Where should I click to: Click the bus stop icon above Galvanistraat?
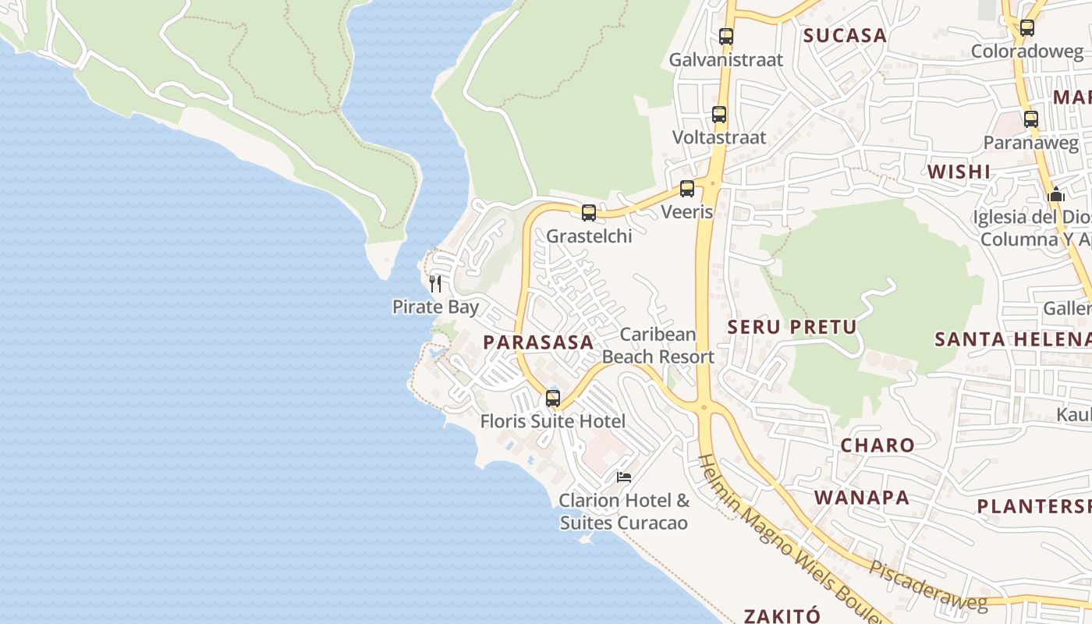[x=726, y=36]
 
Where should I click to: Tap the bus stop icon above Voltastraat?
[x=719, y=115]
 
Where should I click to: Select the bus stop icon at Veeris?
[x=687, y=189]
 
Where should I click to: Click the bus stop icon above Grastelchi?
[x=589, y=212]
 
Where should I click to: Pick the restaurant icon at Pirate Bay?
[x=435, y=283]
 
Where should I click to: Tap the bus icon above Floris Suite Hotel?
[x=553, y=398]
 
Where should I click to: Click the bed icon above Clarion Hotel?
[x=623, y=477]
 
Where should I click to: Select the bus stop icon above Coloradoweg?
[x=1027, y=28]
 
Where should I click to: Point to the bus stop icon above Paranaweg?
[x=1031, y=119]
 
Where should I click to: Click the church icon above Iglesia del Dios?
[x=1056, y=194]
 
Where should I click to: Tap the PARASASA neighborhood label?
[x=538, y=342]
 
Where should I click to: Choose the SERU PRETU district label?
[x=792, y=327]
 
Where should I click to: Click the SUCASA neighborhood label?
[x=845, y=35]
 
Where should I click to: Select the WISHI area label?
[x=959, y=172]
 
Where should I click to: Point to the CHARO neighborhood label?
[x=877, y=445]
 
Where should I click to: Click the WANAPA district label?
[x=862, y=498]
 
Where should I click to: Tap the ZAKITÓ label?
[x=781, y=615]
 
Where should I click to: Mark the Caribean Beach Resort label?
[x=658, y=346]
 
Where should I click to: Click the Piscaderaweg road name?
[x=928, y=586]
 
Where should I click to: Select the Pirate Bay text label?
[x=435, y=307]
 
